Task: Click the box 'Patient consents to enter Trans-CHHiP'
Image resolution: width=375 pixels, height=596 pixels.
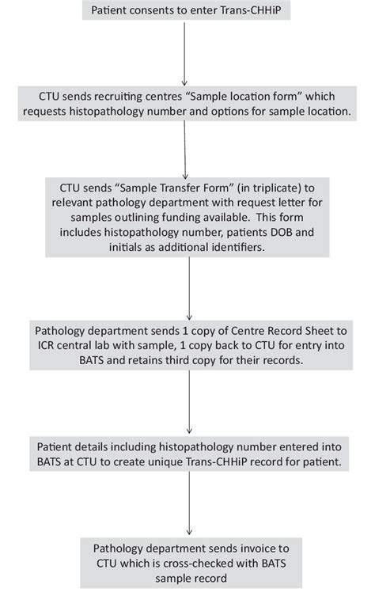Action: (x=187, y=11)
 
